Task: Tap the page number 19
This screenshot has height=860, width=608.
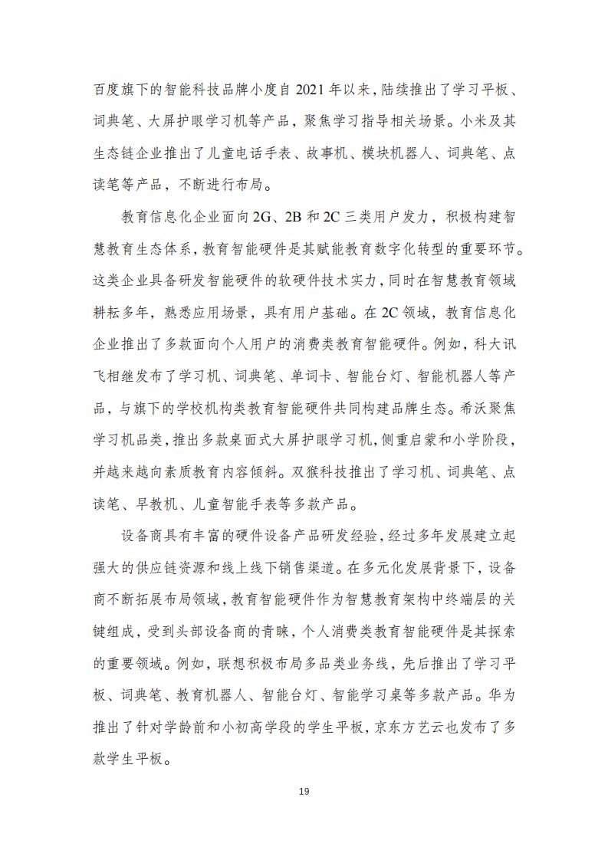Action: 304,791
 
